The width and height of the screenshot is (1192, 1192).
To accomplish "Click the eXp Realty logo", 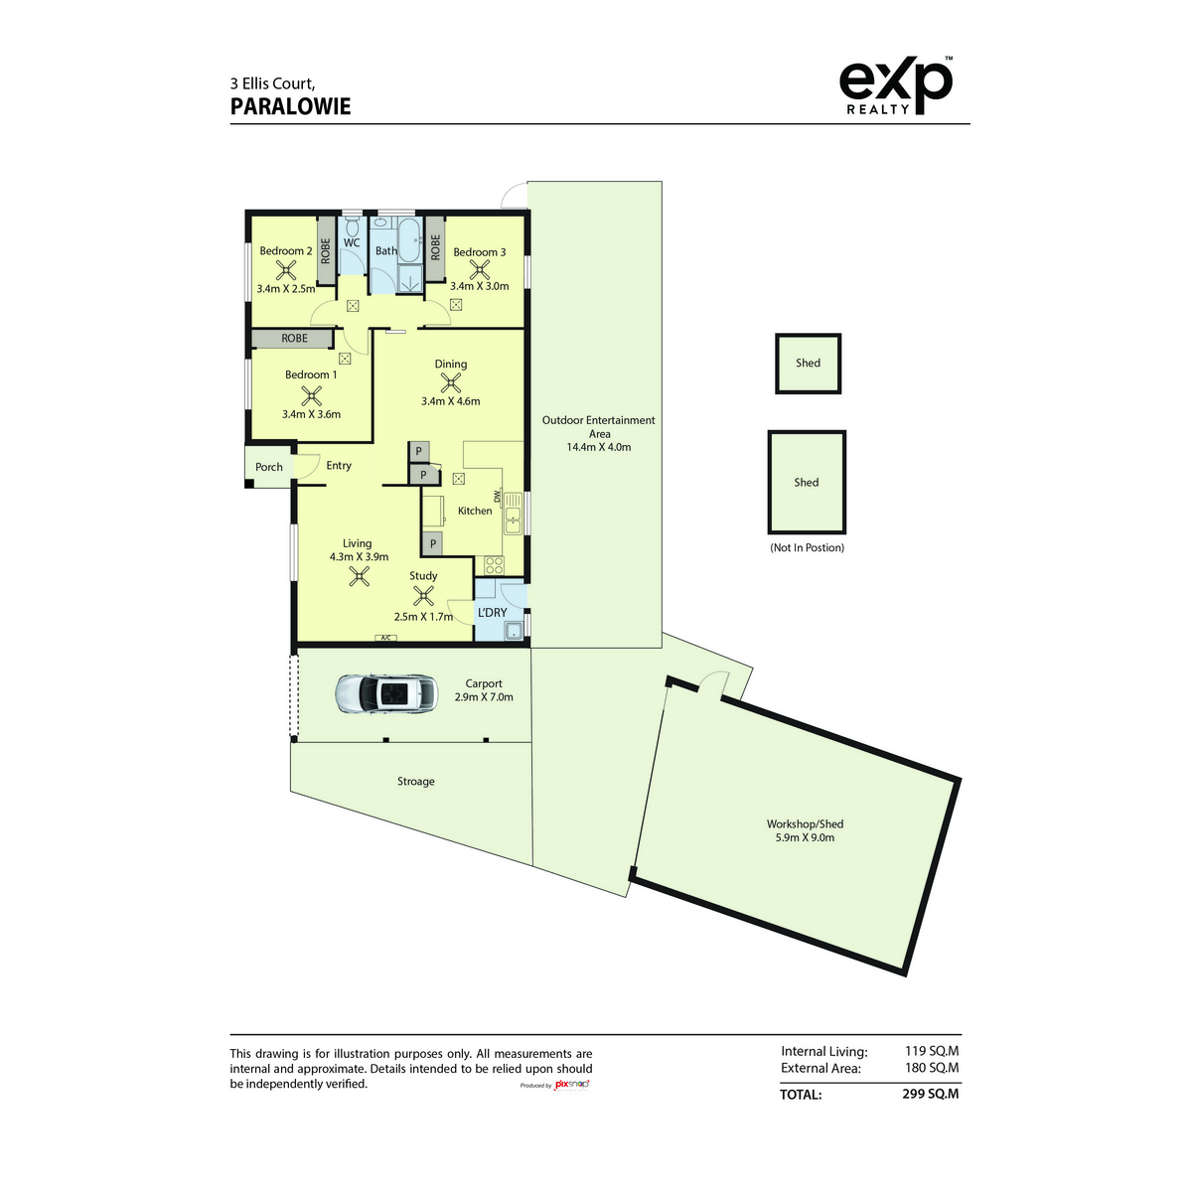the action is (x=895, y=86).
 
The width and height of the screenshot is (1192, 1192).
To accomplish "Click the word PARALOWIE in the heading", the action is (x=290, y=107).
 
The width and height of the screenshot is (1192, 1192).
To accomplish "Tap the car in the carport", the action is (x=386, y=693).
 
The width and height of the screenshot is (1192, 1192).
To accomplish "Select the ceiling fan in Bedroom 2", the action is (x=286, y=270).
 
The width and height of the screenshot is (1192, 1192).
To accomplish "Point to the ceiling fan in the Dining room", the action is (x=450, y=383).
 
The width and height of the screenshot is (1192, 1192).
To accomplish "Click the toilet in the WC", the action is (x=352, y=223).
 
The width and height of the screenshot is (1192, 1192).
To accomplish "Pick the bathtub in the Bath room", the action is (x=409, y=239).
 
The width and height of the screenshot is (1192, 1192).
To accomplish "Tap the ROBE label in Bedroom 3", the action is (x=435, y=247).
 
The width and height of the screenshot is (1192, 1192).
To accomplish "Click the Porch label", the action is (x=269, y=467).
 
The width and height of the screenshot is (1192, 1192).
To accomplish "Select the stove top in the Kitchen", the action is (x=494, y=564).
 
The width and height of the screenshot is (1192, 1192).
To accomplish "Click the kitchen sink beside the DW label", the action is (x=513, y=513).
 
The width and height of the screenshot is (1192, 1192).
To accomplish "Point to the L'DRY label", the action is (x=493, y=612).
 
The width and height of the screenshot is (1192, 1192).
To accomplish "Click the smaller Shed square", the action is (x=808, y=364).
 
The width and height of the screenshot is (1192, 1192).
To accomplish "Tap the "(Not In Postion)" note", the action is (x=807, y=547).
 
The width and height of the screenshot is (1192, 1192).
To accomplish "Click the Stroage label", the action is (x=415, y=782).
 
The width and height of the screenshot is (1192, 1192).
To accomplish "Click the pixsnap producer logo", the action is (x=555, y=1085).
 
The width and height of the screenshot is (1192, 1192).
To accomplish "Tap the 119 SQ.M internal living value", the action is (x=931, y=1050).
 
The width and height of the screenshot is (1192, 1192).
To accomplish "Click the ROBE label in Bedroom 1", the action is (x=294, y=339).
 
